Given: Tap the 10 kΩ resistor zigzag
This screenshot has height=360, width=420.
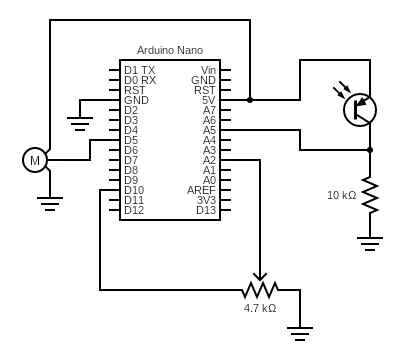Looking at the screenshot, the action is [x=370, y=195].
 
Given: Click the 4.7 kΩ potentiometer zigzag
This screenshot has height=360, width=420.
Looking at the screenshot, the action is [x=260, y=290].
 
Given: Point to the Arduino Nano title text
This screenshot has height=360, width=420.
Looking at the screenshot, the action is [x=170, y=50].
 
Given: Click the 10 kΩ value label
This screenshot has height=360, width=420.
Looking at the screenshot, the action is [x=342, y=195].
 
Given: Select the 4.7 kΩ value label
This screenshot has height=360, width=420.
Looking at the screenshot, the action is [x=260, y=308].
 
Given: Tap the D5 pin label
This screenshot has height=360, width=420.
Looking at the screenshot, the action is [x=131, y=140].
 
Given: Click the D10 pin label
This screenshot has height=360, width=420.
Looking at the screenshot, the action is [x=134, y=190].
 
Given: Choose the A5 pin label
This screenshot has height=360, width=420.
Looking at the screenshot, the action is [x=209, y=130].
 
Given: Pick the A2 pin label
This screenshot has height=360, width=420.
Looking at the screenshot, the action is [x=209, y=160].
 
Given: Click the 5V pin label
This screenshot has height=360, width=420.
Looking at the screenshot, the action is [x=209, y=100].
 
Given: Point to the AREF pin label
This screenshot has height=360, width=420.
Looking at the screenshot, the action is [x=201, y=190].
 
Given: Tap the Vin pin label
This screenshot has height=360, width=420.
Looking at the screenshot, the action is [x=208, y=70].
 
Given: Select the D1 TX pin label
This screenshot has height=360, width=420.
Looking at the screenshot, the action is [x=140, y=70].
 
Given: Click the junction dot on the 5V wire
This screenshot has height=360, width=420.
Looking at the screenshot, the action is [x=250, y=100].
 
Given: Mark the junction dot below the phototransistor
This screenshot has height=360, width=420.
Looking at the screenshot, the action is [x=370, y=150].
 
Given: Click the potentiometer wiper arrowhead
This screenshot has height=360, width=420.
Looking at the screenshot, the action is [x=260, y=277].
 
